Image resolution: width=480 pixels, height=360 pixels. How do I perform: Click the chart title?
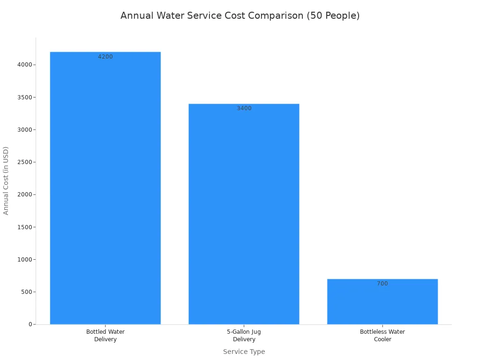pos(240,15)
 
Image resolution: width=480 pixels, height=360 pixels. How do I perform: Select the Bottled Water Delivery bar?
pos(105,187)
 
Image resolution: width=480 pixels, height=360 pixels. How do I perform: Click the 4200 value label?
pos(105,57)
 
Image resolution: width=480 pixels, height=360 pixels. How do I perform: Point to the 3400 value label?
pos(244,108)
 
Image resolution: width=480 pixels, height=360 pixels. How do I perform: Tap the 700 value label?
pos(382,284)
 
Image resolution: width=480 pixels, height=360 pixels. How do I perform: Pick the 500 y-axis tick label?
pos(26,292)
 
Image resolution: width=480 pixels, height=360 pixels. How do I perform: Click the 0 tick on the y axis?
pos(30,324)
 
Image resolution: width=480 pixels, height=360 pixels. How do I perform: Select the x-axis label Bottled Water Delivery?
pos(105,336)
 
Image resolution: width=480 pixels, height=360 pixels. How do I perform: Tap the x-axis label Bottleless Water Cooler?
pos(382,336)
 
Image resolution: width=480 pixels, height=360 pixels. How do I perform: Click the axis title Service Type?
pos(244,352)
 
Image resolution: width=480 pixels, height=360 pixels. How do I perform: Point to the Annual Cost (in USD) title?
pos(6,180)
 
